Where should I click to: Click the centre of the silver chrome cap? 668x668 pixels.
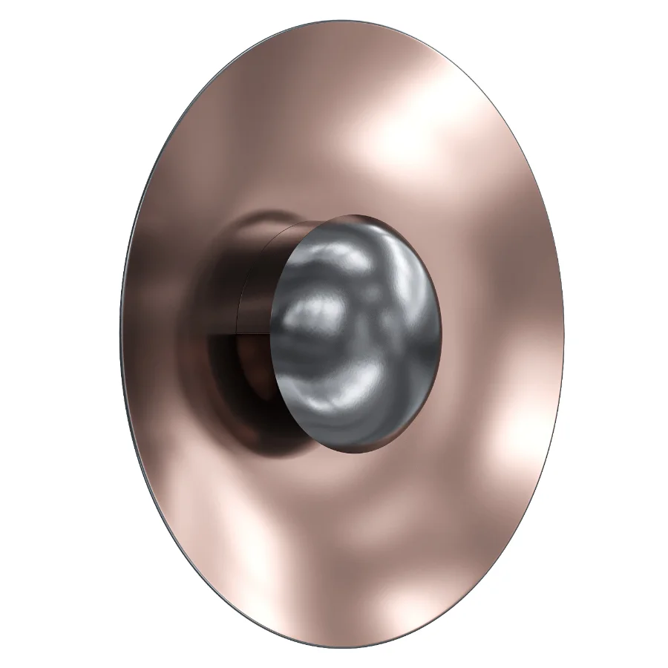(x=356, y=332)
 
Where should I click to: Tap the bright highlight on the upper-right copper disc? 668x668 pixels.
(x=416, y=134)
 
